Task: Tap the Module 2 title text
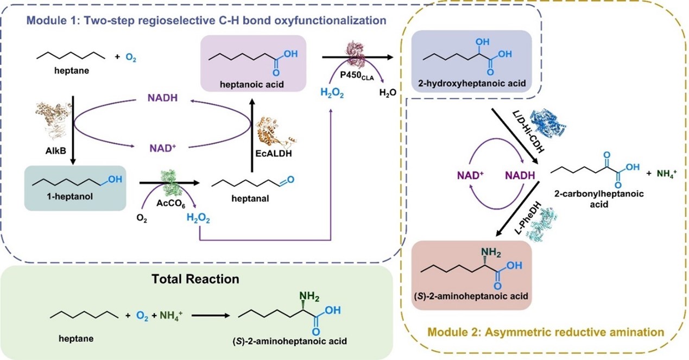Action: pyautogui.click(x=545, y=331)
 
